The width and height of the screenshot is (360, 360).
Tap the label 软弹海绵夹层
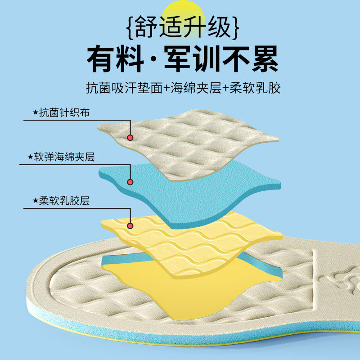pos(67,157)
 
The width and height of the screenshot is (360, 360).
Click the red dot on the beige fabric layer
pos(130,138)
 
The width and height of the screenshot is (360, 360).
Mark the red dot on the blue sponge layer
pos(130,182)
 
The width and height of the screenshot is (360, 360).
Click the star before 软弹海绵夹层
pos(30,157)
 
